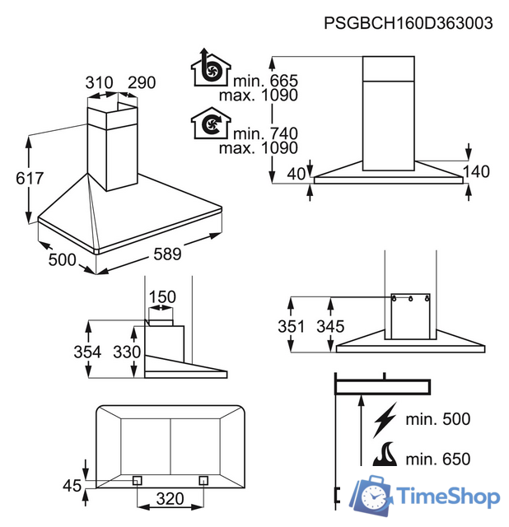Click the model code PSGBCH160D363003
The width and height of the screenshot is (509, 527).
(409, 24)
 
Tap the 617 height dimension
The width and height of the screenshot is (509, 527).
(30, 178)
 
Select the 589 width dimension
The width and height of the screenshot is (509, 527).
(167, 254)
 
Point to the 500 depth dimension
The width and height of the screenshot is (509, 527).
(63, 260)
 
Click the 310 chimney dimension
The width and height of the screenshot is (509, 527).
(99, 82)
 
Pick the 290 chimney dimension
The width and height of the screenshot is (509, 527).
(142, 82)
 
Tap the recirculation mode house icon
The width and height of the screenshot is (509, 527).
(211, 123)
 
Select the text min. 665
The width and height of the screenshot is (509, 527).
(265, 81)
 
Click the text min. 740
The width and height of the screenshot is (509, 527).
(265, 133)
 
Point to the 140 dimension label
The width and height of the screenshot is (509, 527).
(476, 172)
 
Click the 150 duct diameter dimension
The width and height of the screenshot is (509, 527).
(162, 297)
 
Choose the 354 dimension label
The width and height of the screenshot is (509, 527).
(87, 352)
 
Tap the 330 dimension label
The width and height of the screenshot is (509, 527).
(127, 352)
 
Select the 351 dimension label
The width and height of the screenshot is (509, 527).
(291, 326)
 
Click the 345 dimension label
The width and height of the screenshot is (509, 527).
(330, 326)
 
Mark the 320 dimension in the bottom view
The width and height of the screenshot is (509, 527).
(170, 499)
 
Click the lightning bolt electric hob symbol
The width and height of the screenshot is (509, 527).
(385, 420)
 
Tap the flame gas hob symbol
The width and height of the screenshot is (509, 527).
(385, 454)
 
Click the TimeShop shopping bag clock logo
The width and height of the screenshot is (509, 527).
(371, 496)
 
